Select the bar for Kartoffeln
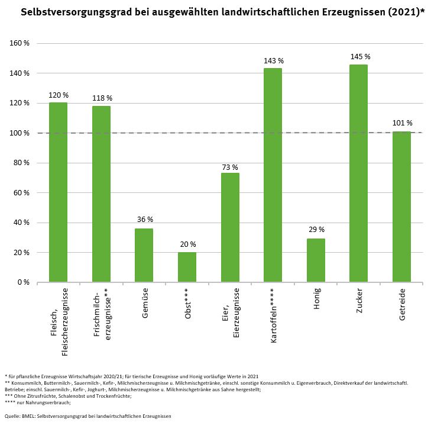273,175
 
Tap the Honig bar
316,260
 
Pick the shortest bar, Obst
187,268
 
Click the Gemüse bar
144,255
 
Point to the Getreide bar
401,207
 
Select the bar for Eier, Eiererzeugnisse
230,227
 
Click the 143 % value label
273,61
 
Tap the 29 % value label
316,230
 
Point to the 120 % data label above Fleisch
58,95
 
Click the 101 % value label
401,123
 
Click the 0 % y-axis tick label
23,282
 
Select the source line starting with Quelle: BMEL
87,416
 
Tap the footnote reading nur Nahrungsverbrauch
38,402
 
